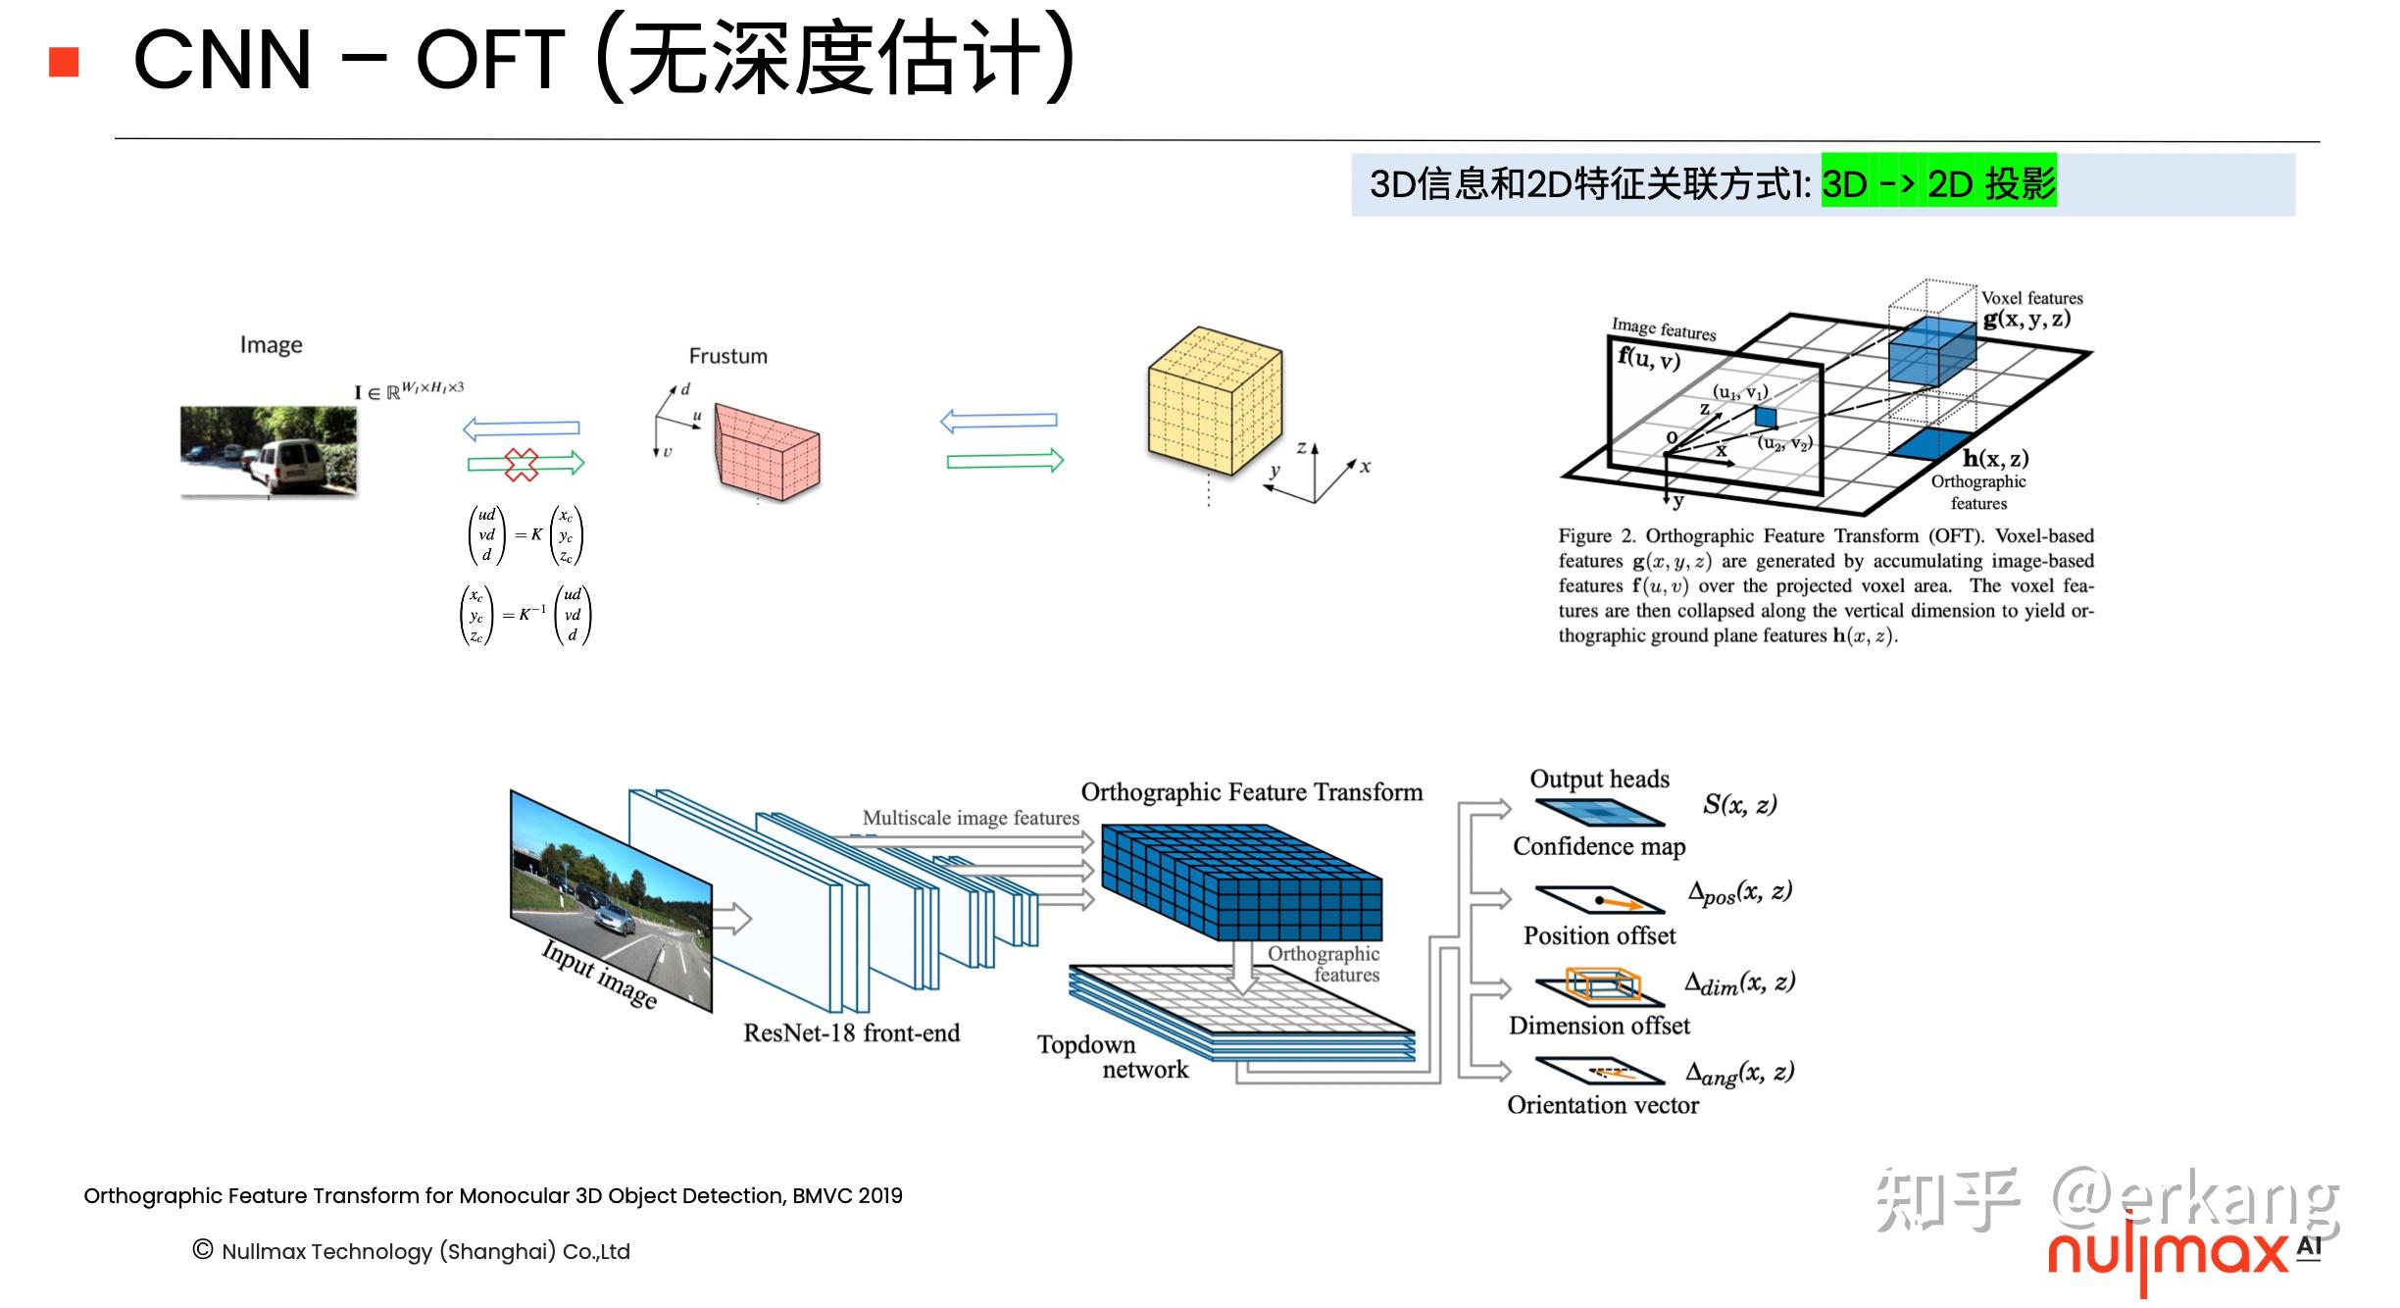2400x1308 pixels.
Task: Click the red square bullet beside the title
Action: pos(64,62)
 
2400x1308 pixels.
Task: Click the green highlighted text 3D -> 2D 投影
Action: pos(1937,183)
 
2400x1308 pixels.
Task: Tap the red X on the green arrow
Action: pos(522,464)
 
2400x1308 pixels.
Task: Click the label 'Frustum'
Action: pos(727,356)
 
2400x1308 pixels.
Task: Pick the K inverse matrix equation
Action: pos(526,615)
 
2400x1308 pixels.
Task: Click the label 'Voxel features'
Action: pos(2031,297)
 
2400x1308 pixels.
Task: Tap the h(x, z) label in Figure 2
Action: pos(1995,458)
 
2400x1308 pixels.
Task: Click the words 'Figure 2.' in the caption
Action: pos(1597,536)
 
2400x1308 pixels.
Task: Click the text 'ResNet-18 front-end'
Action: pos(851,1032)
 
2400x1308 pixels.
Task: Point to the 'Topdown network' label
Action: pos(1112,1057)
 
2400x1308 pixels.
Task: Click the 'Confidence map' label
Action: pos(1598,846)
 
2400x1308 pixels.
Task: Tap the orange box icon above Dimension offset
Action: pos(1601,984)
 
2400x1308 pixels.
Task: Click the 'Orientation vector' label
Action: pos(1602,1105)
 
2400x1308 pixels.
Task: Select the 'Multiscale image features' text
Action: pos(970,818)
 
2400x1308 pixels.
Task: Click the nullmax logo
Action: pos(2167,1255)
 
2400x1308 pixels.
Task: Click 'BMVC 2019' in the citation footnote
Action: pos(847,1195)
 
